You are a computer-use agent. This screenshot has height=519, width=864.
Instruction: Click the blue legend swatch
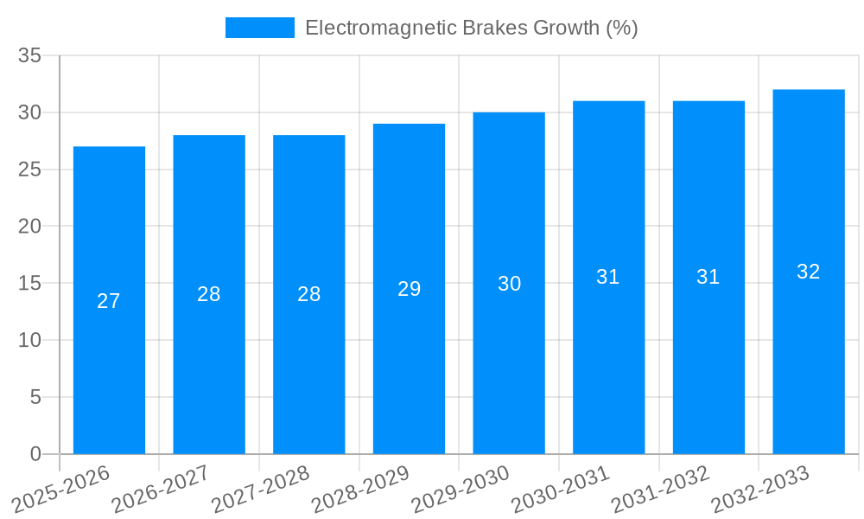259,28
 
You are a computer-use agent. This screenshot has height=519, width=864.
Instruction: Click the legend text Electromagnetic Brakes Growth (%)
471,28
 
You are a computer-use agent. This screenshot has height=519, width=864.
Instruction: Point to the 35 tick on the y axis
30,56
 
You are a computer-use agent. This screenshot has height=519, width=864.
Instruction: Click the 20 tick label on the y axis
30,227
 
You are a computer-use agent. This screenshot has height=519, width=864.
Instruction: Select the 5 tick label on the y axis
35,397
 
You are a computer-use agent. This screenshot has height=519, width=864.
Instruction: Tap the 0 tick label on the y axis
35,454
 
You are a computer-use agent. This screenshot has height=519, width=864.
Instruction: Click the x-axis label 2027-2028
261,489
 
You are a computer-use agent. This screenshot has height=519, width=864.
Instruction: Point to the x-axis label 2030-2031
561,489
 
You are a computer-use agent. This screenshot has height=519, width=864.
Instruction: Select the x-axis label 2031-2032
661,489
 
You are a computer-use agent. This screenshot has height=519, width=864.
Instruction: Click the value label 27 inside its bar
109,301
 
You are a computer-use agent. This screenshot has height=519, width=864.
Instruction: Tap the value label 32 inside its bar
809,272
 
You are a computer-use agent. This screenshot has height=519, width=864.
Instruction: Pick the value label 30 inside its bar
509,284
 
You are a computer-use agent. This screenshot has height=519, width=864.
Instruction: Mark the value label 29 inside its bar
409,289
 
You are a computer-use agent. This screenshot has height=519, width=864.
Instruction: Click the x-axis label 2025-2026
61,489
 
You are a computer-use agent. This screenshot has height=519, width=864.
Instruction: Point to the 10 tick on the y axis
30,340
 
